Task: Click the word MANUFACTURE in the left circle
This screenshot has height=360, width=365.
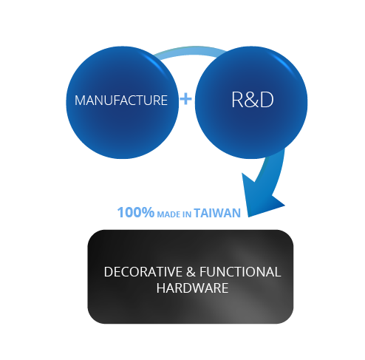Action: tap(121, 101)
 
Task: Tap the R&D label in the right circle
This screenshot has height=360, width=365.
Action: tap(253, 100)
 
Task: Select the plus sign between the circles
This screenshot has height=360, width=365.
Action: tap(185, 99)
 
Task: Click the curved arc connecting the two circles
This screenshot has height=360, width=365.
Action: tap(190, 51)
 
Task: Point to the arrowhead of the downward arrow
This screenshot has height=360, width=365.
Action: tap(260, 198)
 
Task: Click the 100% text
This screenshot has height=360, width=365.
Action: tap(136, 212)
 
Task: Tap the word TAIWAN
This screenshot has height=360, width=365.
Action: tap(217, 213)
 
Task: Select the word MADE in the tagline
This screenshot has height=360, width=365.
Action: tap(169, 214)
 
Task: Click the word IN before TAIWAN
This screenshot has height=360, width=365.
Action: tap(187, 214)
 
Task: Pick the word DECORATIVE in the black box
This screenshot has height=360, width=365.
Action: tap(143, 272)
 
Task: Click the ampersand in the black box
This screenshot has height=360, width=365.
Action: tap(191, 272)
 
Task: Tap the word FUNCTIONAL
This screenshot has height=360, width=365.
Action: tap(240, 272)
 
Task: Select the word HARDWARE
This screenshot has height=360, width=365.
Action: tap(192, 288)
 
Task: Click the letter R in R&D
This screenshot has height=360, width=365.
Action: tap(238, 100)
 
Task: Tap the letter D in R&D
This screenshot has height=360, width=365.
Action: tap(267, 100)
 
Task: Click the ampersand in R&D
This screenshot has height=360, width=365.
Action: tap(252, 100)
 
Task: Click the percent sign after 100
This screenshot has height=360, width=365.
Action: tap(147, 212)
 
